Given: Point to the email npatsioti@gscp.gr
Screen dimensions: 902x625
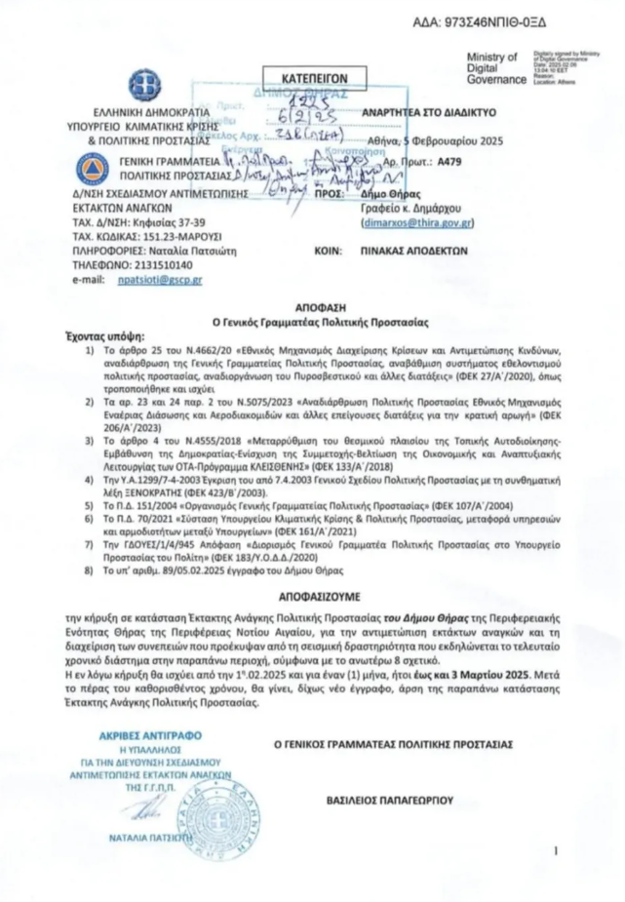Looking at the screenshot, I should pos(160,280).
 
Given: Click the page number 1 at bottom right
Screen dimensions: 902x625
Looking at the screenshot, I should pos(554,851).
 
